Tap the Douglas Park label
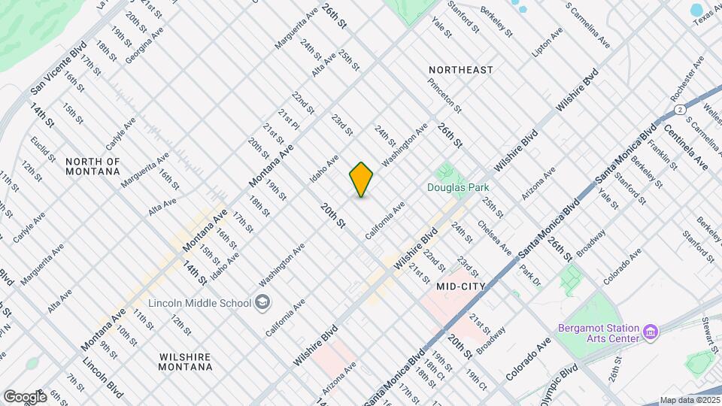(459, 188)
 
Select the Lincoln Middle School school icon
(262, 303)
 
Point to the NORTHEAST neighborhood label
(461, 70)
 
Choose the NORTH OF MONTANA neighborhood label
(93, 166)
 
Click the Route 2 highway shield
(679, 110)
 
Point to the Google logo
(26, 396)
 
